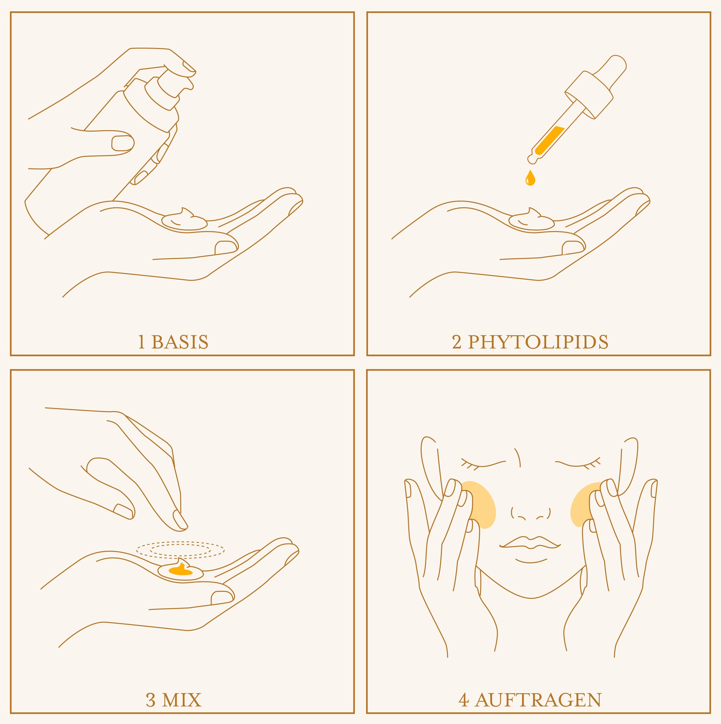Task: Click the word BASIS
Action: coord(180,342)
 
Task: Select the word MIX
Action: coord(183,700)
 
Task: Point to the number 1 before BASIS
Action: coord(141,342)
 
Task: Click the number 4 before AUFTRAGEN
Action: coord(464,700)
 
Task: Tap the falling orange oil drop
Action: coord(530,178)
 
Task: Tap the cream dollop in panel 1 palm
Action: coord(184,220)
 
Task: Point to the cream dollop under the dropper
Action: coord(531,220)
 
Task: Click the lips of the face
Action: coord(530,543)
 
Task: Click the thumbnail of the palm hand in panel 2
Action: coord(572,247)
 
